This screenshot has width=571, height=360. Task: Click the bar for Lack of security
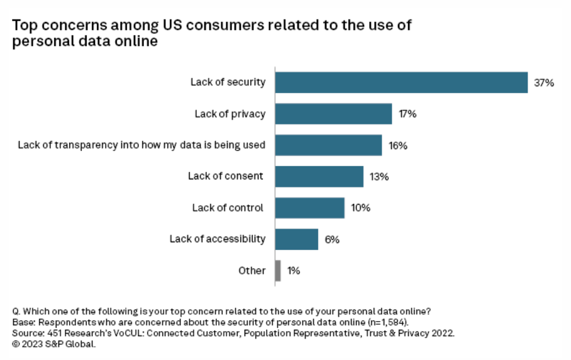pos(401,82)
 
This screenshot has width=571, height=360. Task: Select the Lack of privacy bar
pos(334,114)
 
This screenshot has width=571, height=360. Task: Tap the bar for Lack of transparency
pos(328,145)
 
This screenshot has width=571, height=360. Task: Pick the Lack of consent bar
pos(319,176)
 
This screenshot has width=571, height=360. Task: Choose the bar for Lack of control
pos(310,208)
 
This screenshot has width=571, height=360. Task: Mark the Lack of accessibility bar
pos(297,239)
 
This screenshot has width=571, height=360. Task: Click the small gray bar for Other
pos(278,271)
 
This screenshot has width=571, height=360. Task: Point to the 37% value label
pos(544,82)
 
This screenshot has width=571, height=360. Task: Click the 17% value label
pos(408,114)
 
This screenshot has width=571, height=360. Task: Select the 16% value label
pos(398,145)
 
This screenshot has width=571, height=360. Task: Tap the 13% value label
pos(379,176)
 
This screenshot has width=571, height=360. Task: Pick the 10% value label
pos(361,208)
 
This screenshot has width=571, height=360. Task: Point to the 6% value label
pos(332,239)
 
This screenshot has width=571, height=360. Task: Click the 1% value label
pos(294,271)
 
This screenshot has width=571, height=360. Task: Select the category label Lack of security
pos(228,82)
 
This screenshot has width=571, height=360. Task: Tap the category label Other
pos(252,271)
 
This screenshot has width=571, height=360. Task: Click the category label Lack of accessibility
pos(218,239)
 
